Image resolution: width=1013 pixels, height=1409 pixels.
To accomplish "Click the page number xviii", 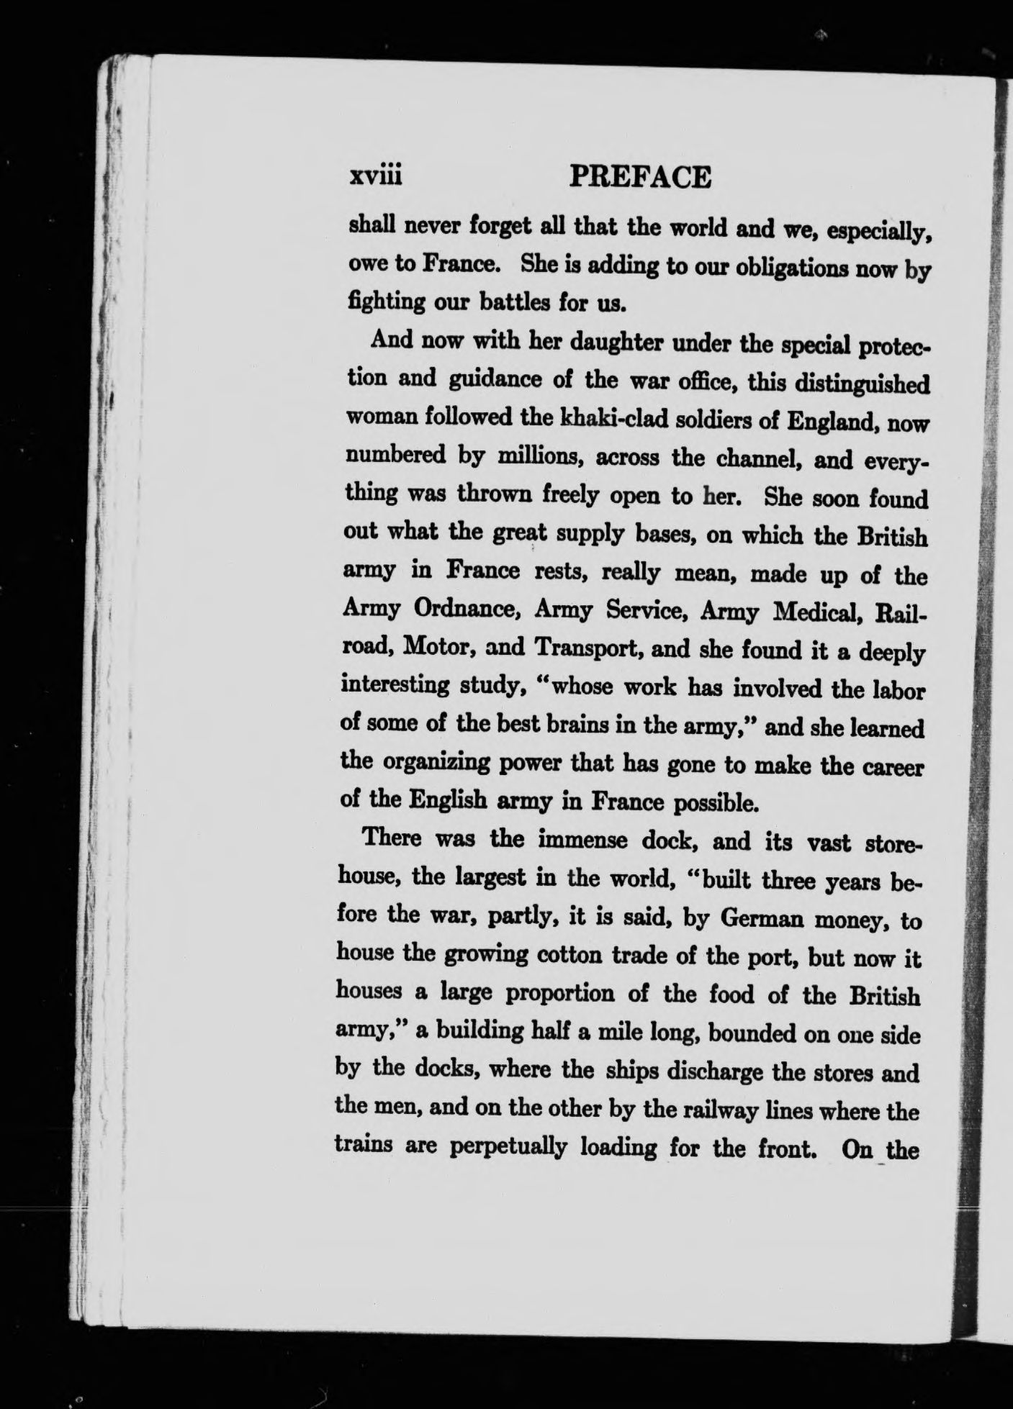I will [x=374, y=177].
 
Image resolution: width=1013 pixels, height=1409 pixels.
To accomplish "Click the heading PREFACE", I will [x=640, y=177].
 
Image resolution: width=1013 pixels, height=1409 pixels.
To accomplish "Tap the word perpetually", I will [x=510, y=1150].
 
